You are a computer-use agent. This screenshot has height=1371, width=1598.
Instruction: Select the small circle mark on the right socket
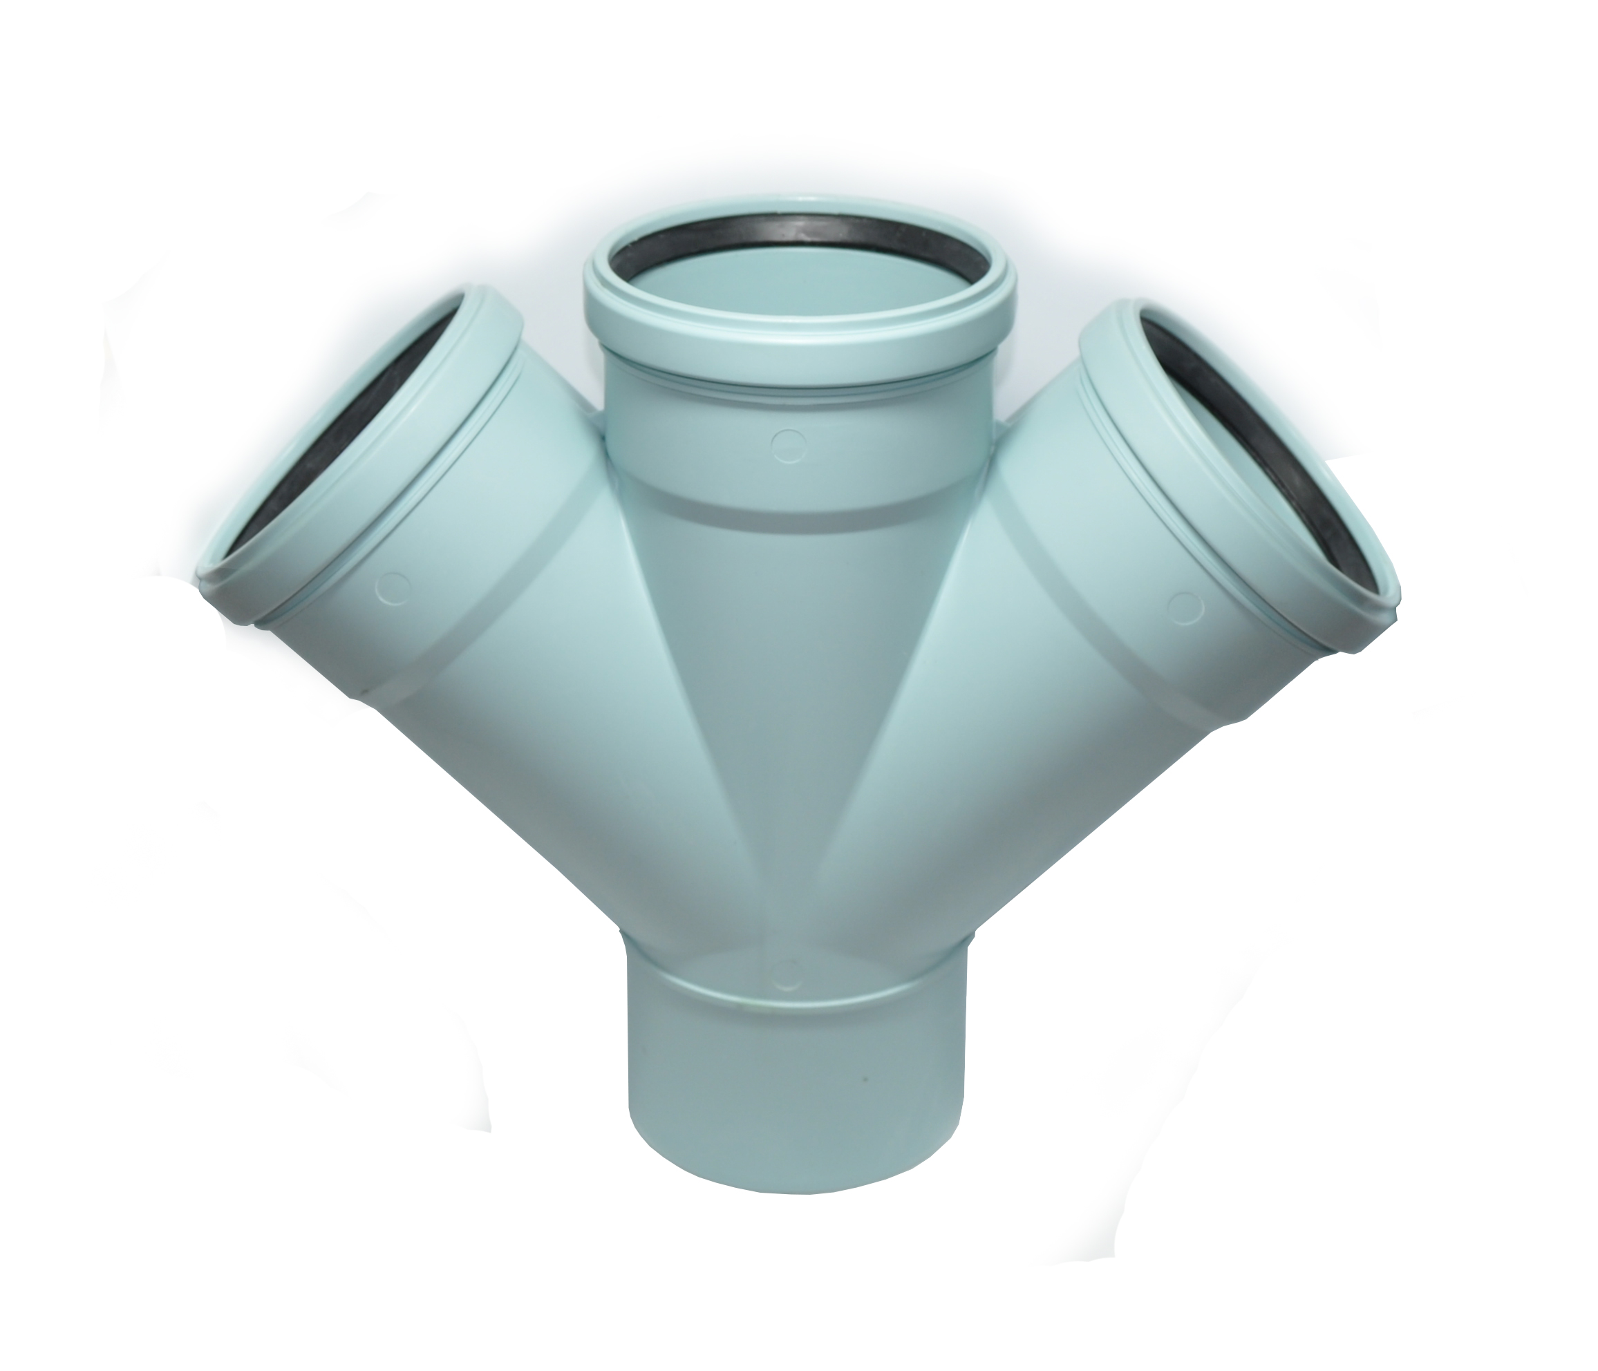1185,607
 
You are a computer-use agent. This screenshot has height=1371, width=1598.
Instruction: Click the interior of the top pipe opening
794,293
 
